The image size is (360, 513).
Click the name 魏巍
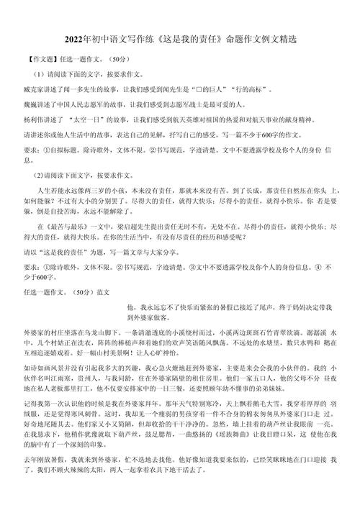[32, 106]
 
